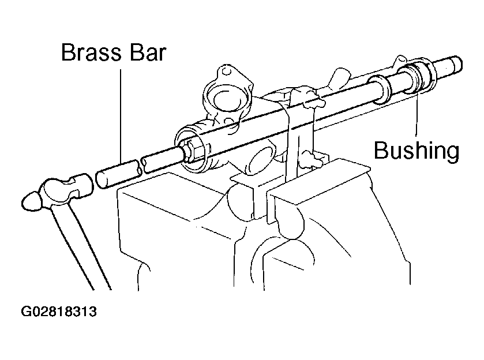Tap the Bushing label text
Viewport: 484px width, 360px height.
pos(417,151)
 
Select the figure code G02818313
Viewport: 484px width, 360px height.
pos(59,312)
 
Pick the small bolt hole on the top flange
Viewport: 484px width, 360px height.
pos(227,72)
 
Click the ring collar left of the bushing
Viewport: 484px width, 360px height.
pos(379,89)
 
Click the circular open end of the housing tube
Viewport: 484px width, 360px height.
pos(192,148)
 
